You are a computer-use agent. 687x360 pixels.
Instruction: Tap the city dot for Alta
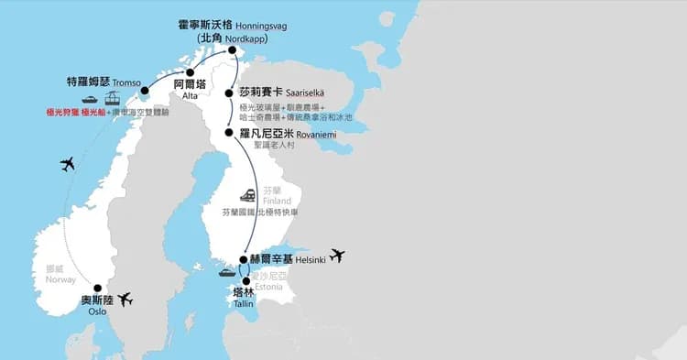(191, 72)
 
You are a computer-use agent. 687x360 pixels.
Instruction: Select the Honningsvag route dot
(233, 51)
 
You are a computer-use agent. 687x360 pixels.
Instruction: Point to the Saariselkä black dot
(228, 93)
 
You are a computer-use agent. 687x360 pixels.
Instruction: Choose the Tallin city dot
(245, 281)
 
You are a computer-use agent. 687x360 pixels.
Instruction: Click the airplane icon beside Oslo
(125, 299)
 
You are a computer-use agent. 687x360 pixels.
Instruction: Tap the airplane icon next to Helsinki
(337, 256)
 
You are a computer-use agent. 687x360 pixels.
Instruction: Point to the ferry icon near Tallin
(225, 272)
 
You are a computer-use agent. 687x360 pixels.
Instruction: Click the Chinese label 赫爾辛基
(276, 258)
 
